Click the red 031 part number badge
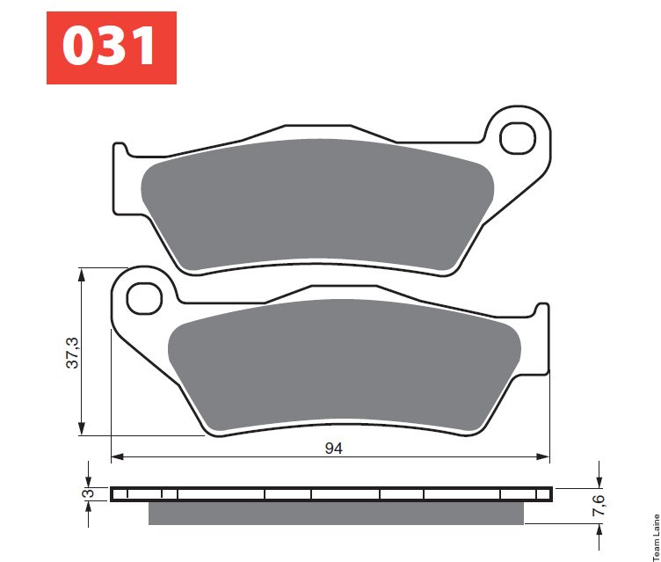[112, 47]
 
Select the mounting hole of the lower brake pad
[144, 298]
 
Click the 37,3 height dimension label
[73, 353]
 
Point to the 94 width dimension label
[333, 448]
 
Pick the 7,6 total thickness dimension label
[599, 505]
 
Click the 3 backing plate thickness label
[89, 493]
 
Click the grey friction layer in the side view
[336, 513]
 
